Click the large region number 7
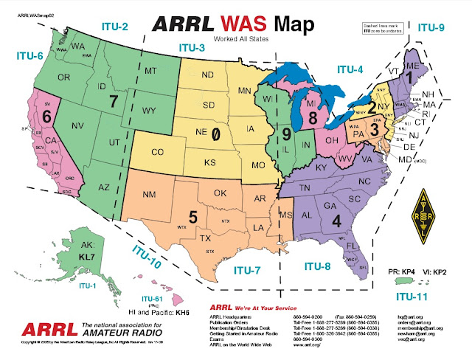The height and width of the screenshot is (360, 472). pyautogui.click(x=113, y=100)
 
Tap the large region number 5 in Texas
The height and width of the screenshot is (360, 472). pyautogui.click(x=193, y=218)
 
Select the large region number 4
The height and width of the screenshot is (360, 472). pyautogui.click(x=336, y=220)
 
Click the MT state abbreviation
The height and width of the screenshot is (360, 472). pyautogui.click(x=152, y=71)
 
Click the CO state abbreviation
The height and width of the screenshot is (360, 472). pyautogui.click(x=157, y=153)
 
